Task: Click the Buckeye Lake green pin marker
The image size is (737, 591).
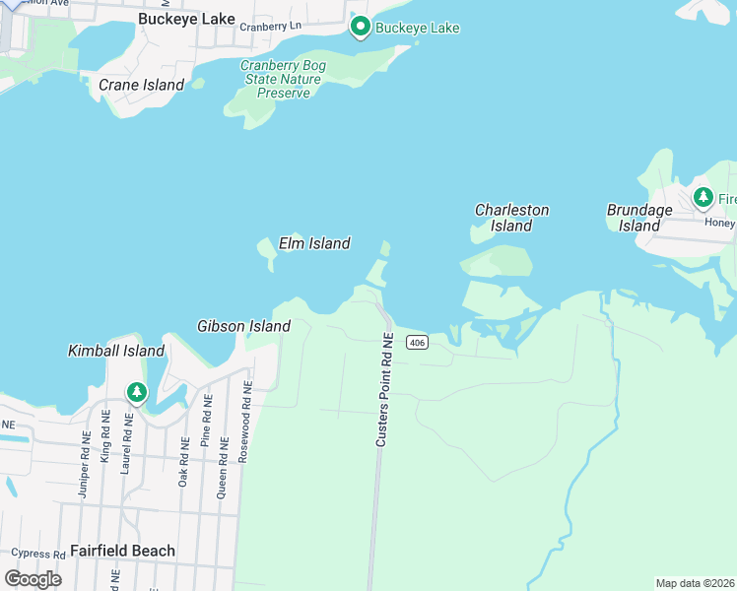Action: click(361, 28)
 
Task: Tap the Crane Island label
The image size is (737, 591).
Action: click(141, 85)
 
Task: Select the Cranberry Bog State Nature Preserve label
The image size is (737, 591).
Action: click(284, 79)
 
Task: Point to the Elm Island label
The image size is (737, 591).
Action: click(314, 242)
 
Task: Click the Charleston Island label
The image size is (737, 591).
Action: click(511, 218)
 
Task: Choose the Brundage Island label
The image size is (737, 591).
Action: click(639, 218)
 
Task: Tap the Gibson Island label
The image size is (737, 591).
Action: click(243, 326)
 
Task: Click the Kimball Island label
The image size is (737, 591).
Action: click(115, 351)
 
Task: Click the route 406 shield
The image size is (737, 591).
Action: click(417, 343)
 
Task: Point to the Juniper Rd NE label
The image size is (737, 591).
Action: click(84, 464)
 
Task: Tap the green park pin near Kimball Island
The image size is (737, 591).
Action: click(136, 393)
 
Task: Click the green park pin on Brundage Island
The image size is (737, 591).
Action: click(703, 198)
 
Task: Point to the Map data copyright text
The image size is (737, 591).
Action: click(695, 583)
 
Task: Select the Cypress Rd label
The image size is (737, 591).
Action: click(39, 555)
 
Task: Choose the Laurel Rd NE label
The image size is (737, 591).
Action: click(126, 444)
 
